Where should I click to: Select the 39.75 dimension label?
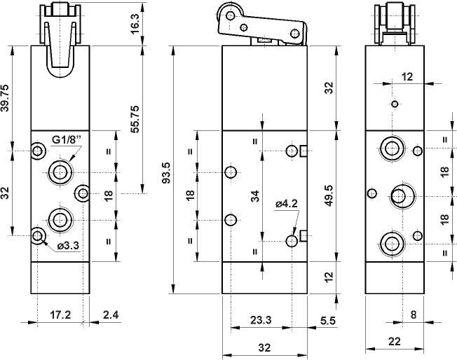coord(6,98)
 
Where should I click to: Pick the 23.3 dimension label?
coord(261,320)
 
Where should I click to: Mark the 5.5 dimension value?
coord(327,320)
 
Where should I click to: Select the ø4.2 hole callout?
coord(287,204)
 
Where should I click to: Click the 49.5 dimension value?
coord(329,195)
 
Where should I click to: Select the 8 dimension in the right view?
coord(414,315)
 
